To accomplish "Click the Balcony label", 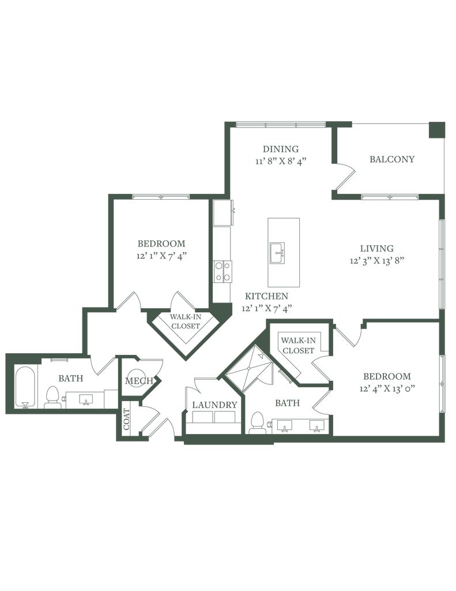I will (392, 159).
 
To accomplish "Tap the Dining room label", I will (280, 148).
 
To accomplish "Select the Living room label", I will (377, 248).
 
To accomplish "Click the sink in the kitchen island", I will (279, 252).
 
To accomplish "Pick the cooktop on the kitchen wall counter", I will (223, 270).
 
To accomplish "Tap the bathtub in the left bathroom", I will (25, 386).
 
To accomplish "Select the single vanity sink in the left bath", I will (86, 398).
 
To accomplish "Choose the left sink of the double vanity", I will (285, 426).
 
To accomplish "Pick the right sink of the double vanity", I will (316, 426).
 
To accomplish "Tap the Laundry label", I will (214, 405).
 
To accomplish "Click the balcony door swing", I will (341, 176).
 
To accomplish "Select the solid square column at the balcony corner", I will (436, 129).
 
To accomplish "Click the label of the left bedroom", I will (162, 242).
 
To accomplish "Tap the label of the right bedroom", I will (387, 377).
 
